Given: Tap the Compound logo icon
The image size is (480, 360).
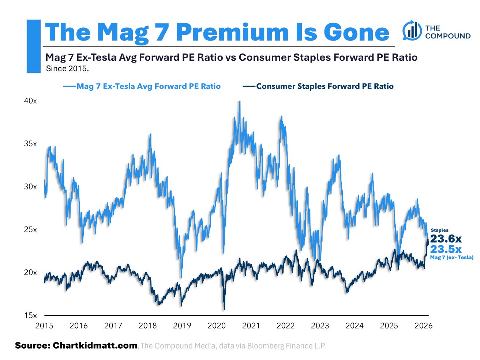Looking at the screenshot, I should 412,31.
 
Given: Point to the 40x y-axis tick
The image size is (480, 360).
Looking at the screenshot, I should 30,101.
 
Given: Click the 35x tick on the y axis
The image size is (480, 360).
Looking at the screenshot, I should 30,144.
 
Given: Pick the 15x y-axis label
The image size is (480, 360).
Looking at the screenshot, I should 30,315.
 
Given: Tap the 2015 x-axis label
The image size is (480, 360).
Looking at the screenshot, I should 44,326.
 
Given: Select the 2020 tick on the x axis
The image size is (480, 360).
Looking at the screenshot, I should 217,326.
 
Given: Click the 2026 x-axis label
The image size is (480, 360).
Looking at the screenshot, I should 424,326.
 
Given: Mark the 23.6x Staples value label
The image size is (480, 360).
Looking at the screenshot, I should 446,239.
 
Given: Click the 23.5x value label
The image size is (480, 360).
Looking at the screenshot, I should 446,250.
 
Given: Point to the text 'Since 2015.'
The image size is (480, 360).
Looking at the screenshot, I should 68,69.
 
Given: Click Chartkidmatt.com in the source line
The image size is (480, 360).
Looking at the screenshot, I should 95,346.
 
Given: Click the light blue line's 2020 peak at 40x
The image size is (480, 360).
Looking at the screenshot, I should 240,102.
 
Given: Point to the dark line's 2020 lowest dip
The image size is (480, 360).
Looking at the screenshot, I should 224,310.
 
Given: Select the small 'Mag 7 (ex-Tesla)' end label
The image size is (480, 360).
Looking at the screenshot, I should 451,258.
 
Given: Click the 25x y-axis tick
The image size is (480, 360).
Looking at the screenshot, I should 30,230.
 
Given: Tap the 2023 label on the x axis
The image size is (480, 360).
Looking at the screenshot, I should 320,326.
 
